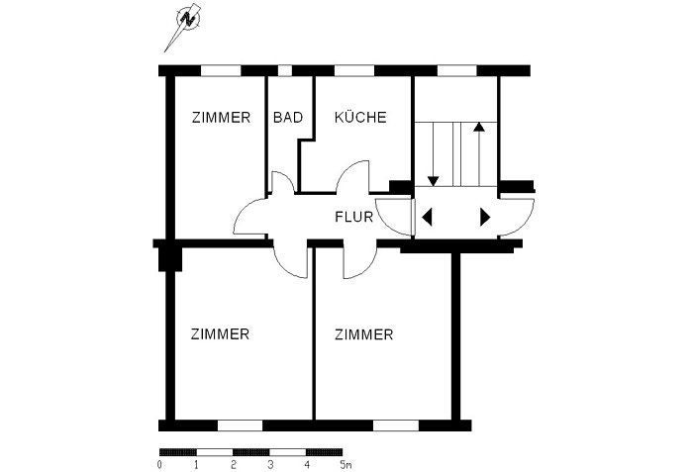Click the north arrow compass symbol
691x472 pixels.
point(188,19)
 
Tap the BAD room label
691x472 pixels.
point(288,118)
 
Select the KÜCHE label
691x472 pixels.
point(360,117)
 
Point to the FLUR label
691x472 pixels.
point(353,217)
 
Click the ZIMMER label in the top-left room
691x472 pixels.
point(221,118)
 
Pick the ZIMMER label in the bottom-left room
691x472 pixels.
point(220,334)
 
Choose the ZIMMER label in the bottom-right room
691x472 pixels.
point(363,334)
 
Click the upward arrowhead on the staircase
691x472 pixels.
point(479,128)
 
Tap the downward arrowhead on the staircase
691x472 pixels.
point(434,181)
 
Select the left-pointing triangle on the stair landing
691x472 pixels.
point(427,217)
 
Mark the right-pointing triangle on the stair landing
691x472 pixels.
point(485,217)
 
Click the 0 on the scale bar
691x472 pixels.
point(159,464)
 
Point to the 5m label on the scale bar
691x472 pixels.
point(345,464)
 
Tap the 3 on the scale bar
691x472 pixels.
point(270,464)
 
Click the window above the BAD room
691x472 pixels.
point(285,70)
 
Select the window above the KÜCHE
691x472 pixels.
point(354,70)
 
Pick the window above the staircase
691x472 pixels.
point(457,70)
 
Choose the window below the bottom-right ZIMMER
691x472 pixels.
point(396,425)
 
